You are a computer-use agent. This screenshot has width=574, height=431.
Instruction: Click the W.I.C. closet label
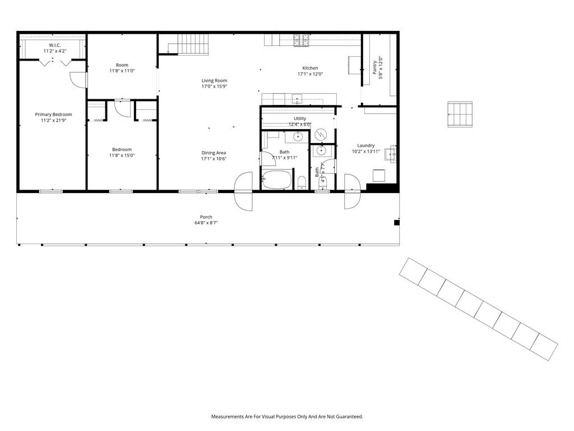coord(54,45)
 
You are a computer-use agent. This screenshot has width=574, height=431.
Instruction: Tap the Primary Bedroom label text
coord(53,114)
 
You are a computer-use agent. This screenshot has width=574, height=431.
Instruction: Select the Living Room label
coord(214,81)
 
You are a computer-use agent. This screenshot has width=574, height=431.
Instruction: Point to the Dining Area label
coord(214,153)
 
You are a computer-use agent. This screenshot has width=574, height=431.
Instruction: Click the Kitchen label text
coord(310,68)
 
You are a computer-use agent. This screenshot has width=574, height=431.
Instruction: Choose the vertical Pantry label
coord(374,67)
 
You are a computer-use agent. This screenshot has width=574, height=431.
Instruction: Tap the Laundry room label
coord(365,145)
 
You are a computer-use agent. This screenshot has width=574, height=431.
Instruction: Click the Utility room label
coord(300,118)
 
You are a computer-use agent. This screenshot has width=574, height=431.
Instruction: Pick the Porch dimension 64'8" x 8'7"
coord(206,223)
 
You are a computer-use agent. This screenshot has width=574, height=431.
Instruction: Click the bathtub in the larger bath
coord(277,180)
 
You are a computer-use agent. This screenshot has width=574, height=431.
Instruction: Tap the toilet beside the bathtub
coord(302,182)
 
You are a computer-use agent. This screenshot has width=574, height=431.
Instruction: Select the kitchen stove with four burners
coord(301,40)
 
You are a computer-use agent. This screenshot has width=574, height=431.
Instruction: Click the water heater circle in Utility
coord(321,135)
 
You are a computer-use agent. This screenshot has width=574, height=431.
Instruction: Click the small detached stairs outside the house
coord(460,114)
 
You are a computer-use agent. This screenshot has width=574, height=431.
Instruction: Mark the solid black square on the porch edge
coord(396,222)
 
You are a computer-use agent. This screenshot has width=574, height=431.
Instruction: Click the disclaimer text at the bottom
coord(287,416)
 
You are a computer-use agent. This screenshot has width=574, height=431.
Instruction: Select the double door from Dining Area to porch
coord(243,191)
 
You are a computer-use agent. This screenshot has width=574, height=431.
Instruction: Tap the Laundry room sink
coord(390,153)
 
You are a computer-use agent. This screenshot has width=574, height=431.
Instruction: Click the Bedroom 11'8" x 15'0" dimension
coord(122,155)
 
